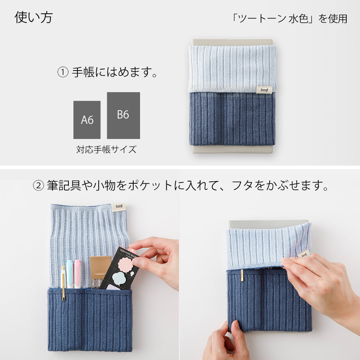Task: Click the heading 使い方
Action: tap(33, 17)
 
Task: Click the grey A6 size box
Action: tap(87, 120)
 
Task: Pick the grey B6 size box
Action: tap(123, 115)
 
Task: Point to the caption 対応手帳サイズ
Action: tap(106, 149)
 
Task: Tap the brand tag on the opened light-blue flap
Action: tap(118, 207)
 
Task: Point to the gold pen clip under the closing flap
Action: tap(242, 275)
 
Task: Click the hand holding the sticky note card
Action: tap(158, 259)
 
